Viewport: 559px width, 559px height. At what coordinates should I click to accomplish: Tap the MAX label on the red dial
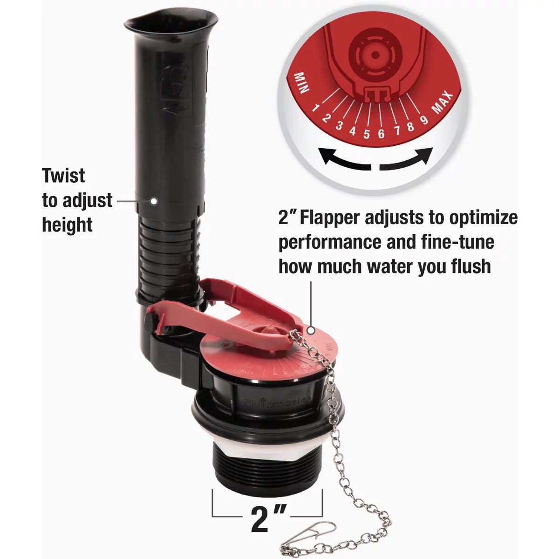coord(443,102)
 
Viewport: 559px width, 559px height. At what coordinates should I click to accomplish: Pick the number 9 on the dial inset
coord(424,120)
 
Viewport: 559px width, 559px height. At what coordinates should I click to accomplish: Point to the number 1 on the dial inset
coord(316,109)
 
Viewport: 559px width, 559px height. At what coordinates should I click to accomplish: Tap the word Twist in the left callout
coord(63,176)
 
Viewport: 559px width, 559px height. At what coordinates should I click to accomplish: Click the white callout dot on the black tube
coord(152,201)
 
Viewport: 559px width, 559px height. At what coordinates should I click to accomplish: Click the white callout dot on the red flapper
coord(311,330)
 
